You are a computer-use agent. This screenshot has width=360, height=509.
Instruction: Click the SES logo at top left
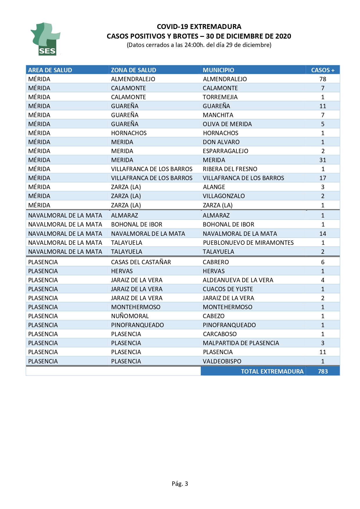point(45,39)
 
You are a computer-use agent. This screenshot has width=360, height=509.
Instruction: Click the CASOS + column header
point(323,70)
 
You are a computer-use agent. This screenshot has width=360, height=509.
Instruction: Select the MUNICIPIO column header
point(218,70)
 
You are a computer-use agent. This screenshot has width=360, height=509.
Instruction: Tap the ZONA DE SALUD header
point(133,70)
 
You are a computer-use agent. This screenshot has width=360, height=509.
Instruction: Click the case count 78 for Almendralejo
point(323,79)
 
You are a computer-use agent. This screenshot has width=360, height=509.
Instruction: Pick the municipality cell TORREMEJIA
point(220,97)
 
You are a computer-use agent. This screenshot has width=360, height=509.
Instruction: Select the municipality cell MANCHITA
point(218,115)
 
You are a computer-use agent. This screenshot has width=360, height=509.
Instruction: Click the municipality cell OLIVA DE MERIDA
point(227,124)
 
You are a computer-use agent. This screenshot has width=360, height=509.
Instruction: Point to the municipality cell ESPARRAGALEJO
point(225,151)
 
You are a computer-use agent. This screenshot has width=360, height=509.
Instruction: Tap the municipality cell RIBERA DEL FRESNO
point(230,169)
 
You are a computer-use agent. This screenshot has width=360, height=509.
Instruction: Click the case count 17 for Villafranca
point(323,178)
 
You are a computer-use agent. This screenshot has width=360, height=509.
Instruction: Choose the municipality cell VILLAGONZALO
point(224,196)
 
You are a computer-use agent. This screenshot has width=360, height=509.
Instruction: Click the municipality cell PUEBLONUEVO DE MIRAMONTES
point(248,242)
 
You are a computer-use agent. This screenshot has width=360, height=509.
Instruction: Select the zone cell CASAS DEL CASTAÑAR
point(141,262)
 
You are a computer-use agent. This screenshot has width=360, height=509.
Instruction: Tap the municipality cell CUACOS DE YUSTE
point(228,289)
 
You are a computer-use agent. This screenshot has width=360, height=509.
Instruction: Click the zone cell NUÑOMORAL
point(130,316)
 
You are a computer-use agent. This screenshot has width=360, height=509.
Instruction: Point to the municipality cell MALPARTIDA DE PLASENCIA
point(241,343)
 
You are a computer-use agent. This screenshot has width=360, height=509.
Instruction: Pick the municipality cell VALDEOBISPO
point(222,361)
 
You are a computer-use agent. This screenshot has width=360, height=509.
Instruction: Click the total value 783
point(323,371)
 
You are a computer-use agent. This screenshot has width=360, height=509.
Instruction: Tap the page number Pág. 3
point(180,483)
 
